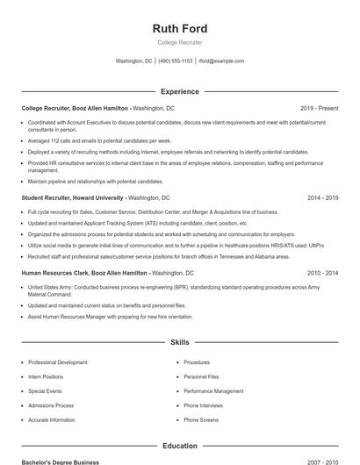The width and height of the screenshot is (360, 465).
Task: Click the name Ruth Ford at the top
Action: tap(179, 29)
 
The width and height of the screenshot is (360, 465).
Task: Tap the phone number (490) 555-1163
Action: tap(175, 61)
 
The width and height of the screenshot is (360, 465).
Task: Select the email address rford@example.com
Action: tap(221, 61)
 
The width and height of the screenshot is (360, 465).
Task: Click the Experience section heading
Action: tap(179, 91)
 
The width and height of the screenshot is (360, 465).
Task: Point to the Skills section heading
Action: tap(179, 342)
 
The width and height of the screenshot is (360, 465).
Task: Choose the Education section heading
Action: tap(179, 446)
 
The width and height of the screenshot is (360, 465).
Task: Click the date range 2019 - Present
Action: tap(319, 107)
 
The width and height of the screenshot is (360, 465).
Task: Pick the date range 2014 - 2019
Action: tap(322, 198)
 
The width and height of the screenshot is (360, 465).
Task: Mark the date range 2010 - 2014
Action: tap(322, 273)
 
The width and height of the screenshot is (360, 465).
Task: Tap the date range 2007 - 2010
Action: tap(322, 461)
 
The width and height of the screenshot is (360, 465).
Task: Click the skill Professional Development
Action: tap(57, 362)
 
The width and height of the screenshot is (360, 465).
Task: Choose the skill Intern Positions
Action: tap(46, 376)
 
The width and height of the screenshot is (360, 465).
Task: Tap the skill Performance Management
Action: tap(213, 391)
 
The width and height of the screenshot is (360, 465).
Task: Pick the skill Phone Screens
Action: tap(202, 419)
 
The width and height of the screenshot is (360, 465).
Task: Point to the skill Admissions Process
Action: tap(51, 405)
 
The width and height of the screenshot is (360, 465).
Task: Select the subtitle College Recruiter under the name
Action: tap(179, 42)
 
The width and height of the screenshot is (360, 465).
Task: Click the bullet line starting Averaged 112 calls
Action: tap(99, 140)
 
